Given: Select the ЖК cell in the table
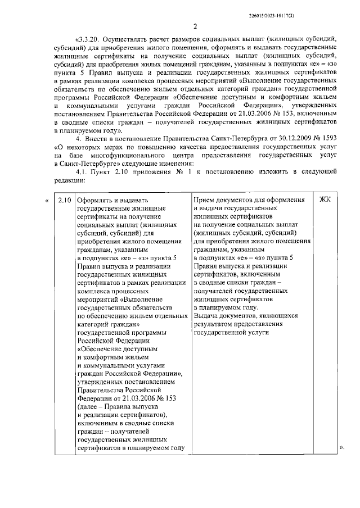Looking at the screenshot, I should (x=326, y=200).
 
